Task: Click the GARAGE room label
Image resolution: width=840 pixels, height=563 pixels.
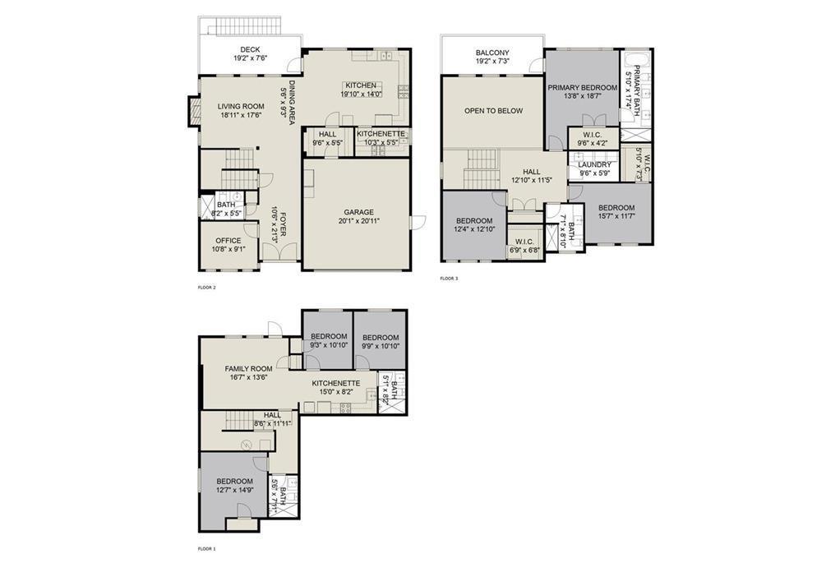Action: click(x=358, y=211)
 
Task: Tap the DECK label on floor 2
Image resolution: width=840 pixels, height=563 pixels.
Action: click(x=251, y=49)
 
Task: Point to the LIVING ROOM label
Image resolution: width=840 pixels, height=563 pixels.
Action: click(x=240, y=106)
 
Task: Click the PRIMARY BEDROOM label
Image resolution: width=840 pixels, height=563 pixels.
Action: click(x=582, y=87)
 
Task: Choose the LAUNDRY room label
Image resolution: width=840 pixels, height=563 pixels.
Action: click(x=595, y=164)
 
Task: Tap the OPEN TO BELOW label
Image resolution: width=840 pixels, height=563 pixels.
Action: click(x=493, y=110)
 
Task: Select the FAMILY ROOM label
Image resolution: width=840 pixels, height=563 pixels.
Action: click(x=248, y=369)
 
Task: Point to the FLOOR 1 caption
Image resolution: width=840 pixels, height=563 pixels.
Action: click(x=207, y=547)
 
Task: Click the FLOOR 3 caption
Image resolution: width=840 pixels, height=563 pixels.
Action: click(x=449, y=279)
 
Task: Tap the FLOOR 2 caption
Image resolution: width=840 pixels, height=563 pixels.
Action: click(x=207, y=288)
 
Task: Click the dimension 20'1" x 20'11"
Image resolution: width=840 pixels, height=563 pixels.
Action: click(x=358, y=221)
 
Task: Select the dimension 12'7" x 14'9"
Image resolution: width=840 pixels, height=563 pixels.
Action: click(x=234, y=491)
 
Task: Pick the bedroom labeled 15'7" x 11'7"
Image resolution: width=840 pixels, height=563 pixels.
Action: click(x=616, y=208)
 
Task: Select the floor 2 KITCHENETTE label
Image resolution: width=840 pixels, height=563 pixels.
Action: click(x=381, y=133)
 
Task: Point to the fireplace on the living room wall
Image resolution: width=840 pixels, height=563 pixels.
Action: click(x=194, y=111)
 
